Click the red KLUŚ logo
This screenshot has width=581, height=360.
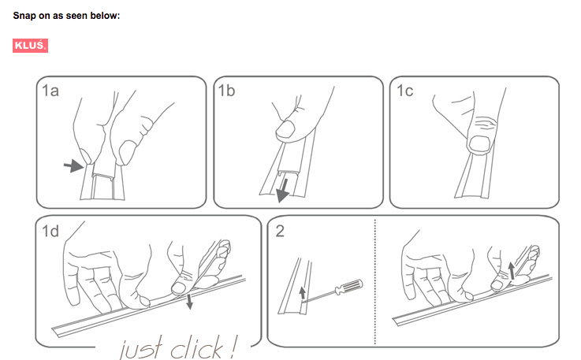pyautogui.click(x=31, y=46)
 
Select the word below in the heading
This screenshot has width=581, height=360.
pyautogui.click(x=106, y=16)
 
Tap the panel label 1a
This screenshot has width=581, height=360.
pyautogui.click(x=50, y=91)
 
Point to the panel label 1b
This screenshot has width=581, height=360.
pyautogui.click(x=226, y=91)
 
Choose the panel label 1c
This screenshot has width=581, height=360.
pyautogui.click(x=404, y=91)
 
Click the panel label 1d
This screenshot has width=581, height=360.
pyautogui.click(x=50, y=231)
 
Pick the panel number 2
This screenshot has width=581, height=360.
pyautogui.click(x=280, y=231)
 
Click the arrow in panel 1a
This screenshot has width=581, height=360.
pyautogui.click(x=73, y=165)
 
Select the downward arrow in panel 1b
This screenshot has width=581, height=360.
pyautogui.click(x=284, y=191)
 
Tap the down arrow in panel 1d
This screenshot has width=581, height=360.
pyautogui.click(x=189, y=302)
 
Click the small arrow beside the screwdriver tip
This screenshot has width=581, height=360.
pyautogui.click(x=303, y=292)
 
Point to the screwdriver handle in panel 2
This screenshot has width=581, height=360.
pyautogui.click(x=348, y=287)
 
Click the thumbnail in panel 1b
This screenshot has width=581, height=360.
pyautogui.click(x=285, y=130)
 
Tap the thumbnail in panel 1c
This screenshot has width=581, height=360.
pyautogui.click(x=480, y=143)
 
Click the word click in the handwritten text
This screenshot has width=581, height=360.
pyautogui.click(x=196, y=347)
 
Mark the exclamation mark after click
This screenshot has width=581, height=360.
pyautogui.click(x=233, y=347)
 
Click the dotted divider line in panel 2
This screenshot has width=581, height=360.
pyautogui.click(x=375, y=281)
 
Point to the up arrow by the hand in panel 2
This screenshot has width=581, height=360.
pyautogui.click(x=512, y=271)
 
